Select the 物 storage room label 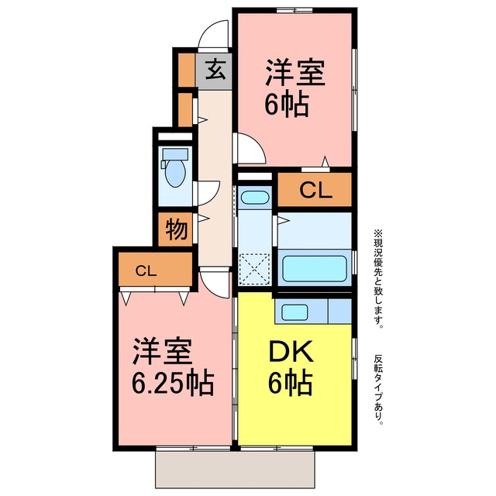177,229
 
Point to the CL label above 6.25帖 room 146,270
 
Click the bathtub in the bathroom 315,268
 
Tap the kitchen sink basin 294,312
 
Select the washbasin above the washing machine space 255,198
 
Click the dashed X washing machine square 254,269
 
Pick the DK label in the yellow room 291,351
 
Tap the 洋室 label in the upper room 295,72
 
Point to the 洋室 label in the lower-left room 163,351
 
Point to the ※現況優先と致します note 378,279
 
